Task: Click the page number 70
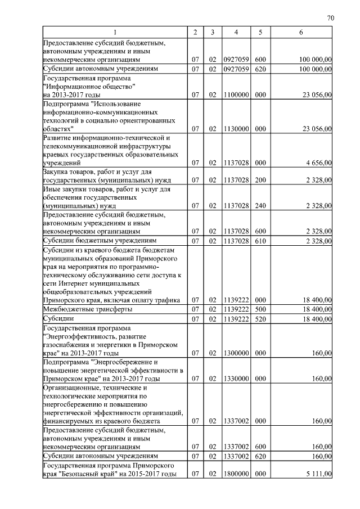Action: point(330,18)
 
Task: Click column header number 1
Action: point(115,33)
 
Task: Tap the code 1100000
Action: point(236,96)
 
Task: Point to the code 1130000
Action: point(236,129)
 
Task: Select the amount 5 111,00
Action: point(318,474)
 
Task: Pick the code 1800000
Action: point(236,474)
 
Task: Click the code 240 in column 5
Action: point(260,206)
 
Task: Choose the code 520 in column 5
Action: point(260,319)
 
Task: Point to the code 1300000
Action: point(236,353)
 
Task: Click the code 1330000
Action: point(236,379)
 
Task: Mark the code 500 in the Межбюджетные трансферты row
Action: point(260,309)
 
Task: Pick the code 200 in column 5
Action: point(260,180)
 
